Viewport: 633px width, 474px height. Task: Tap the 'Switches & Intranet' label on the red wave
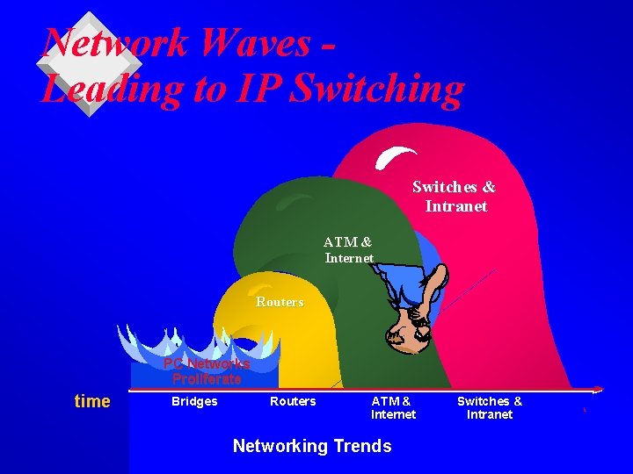[x=455, y=197]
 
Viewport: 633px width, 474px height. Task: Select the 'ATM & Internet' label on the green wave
[x=348, y=249]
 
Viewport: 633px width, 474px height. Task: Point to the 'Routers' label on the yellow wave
[x=280, y=302]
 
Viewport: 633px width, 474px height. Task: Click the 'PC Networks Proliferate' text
[x=207, y=371]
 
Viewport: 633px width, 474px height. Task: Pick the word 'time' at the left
[x=92, y=401]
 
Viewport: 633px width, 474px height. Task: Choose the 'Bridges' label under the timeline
[x=194, y=401]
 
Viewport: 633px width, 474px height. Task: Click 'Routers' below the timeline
[x=293, y=401]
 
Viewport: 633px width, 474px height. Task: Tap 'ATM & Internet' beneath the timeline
[x=392, y=407]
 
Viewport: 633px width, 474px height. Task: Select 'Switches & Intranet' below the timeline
[x=490, y=407]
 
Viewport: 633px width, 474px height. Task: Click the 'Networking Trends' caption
[x=312, y=446]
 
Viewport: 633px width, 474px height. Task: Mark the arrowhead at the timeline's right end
[x=598, y=389]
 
